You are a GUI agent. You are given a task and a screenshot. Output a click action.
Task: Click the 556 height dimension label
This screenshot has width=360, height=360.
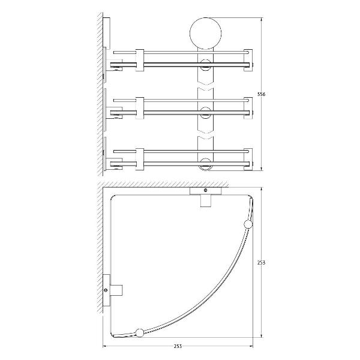tap(261, 94)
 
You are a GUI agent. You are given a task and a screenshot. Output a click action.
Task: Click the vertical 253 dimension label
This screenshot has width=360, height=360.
tap(261, 262)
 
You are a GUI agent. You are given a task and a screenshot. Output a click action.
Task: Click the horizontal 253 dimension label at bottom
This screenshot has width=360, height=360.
tap(178, 346)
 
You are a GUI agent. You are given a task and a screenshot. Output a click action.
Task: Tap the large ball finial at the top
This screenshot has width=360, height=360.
tap(205, 33)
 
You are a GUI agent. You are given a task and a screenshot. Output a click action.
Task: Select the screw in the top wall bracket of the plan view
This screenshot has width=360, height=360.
tap(205, 190)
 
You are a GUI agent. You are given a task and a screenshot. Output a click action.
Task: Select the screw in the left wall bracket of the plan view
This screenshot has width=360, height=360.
tap(106, 290)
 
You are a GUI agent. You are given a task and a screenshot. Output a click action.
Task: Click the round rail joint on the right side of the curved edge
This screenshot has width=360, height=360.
tap(248, 224)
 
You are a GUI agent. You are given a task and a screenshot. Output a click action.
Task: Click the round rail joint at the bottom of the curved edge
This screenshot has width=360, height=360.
tap(140, 332)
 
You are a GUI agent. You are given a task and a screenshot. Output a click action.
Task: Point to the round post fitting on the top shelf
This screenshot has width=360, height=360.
tap(205, 65)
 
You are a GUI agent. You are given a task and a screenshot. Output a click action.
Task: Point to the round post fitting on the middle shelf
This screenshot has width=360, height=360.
tap(205, 113)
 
